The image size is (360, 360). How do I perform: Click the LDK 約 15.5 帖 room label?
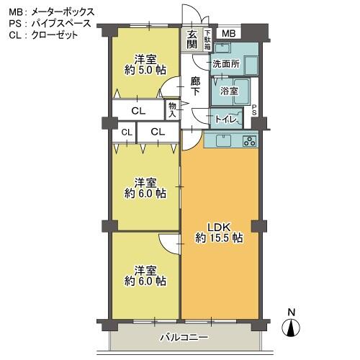(x=219, y=233)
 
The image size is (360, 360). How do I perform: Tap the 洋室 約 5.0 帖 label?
(x=145, y=65)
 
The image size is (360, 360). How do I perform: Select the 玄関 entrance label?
(x=192, y=40)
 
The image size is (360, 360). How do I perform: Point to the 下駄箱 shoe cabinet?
(x=207, y=40)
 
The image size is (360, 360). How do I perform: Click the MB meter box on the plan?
(x=228, y=33)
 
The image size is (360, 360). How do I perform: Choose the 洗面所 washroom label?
(x=226, y=64)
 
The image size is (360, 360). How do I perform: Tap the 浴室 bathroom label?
(x=229, y=91)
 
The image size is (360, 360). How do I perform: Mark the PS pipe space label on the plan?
(x=254, y=110)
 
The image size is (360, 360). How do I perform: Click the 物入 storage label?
(x=172, y=110)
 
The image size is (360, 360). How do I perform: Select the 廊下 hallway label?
(x=195, y=86)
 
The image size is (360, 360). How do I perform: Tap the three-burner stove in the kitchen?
(x=250, y=141)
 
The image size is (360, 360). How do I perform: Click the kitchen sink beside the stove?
(x=223, y=140)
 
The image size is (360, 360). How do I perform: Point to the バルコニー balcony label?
(x=184, y=338)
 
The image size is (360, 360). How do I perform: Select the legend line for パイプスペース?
(x=50, y=24)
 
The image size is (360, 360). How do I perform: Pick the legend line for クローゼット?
(x=43, y=35)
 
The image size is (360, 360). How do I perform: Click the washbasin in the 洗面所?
(x=222, y=48)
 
